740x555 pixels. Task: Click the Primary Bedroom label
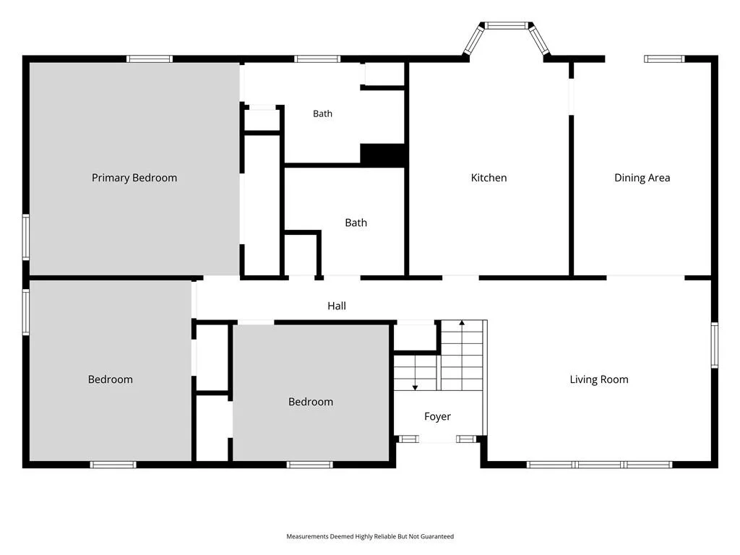point(134,178)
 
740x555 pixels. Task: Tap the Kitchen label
point(489,178)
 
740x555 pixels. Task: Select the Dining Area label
point(642,178)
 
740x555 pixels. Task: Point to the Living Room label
point(599,379)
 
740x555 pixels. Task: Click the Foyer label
point(437,416)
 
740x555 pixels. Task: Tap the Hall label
point(337,306)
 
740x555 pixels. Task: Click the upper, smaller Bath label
point(323,113)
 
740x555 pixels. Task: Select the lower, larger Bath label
point(356,223)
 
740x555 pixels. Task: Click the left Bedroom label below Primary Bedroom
point(111,379)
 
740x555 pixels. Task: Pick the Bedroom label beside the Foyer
point(311,402)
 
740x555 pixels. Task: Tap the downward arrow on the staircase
point(416,373)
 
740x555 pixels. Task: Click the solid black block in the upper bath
point(383,155)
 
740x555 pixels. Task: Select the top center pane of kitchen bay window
point(507,25)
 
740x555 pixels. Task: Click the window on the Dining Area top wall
point(665,59)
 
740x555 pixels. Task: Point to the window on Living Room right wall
point(715,345)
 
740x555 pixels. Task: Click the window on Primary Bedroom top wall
point(150,59)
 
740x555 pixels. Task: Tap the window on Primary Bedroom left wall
point(26,237)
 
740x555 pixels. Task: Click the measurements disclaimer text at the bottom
point(370,537)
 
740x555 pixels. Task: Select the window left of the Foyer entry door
point(409,439)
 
